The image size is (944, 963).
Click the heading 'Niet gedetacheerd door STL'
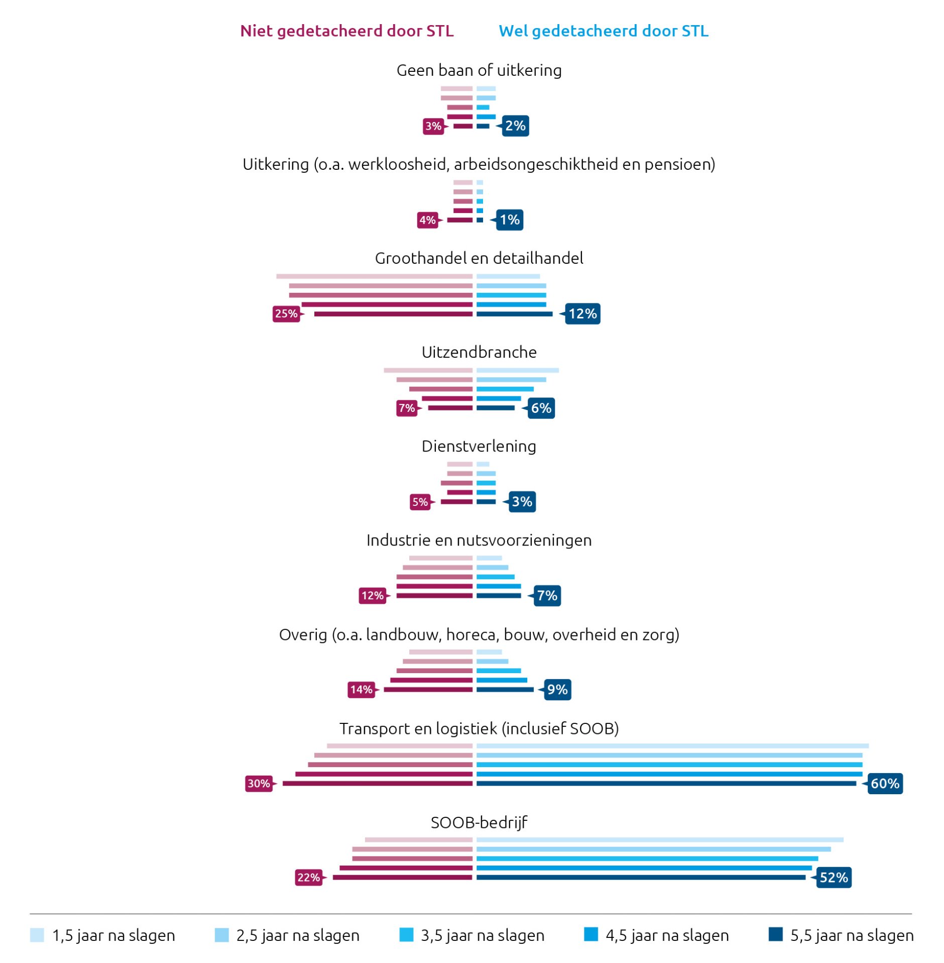(346, 31)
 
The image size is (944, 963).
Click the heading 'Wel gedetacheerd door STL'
(603, 31)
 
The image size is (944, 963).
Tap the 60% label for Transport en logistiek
(884, 783)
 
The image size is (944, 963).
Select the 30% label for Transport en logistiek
(259, 783)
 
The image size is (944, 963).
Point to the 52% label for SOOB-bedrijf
(833, 877)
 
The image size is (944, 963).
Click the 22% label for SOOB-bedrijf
(308, 877)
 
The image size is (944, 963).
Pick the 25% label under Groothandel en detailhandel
(286, 313)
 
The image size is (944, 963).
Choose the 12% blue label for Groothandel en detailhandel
(582, 313)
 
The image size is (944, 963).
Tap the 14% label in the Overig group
(361, 689)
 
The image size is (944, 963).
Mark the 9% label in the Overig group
(557, 689)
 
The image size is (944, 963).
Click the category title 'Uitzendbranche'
(479, 352)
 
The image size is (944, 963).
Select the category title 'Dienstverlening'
(479, 446)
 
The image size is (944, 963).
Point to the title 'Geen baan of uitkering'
(479, 70)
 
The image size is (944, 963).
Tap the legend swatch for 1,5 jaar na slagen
(37, 935)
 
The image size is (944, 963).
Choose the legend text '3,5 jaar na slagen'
(482, 935)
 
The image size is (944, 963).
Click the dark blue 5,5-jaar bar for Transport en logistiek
(665, 783)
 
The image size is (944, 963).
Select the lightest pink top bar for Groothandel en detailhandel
(374, 276)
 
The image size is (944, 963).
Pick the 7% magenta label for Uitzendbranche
(407, 408)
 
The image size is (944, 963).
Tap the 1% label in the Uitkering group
(509, 220)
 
